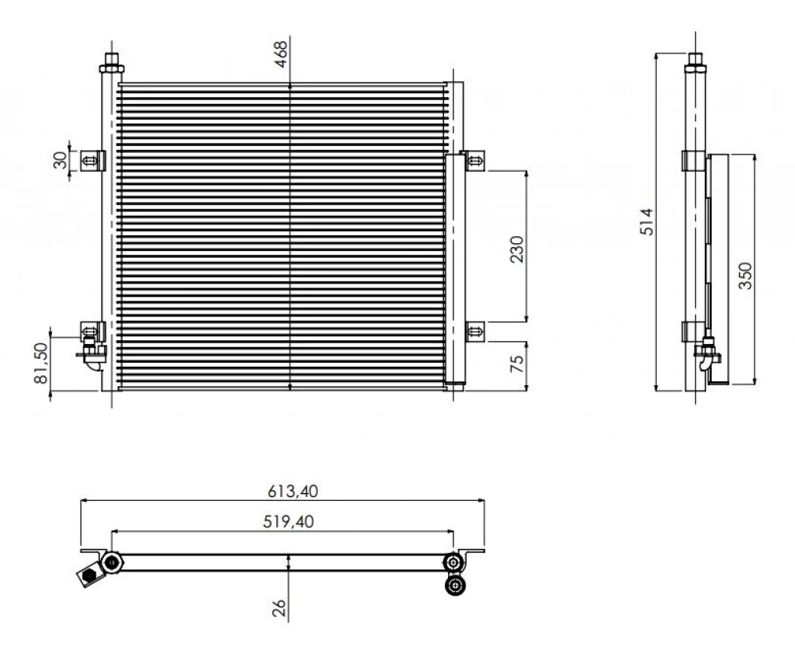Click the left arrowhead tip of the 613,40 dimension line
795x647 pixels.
coord(81,500)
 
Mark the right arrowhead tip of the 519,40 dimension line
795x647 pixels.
coord(453,531)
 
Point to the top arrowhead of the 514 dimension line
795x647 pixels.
coord(657,54)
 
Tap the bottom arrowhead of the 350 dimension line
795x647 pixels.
coord(755,384)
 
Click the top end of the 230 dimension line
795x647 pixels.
coord(527,171)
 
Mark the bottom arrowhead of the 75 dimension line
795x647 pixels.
coord(527,391)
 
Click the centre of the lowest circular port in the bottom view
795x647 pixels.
coord(455,585)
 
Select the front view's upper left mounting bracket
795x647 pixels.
coord(93,161)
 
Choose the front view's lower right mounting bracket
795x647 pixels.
coord(475,332)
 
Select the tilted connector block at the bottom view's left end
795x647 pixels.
coord(90,576)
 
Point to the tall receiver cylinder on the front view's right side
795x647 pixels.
coord(455,270)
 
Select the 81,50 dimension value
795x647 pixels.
coord(40,363)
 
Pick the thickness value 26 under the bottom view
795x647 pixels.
coord(279,608)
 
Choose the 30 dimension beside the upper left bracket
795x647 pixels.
coord(60,160)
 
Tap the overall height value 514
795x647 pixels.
coord(647,221)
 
